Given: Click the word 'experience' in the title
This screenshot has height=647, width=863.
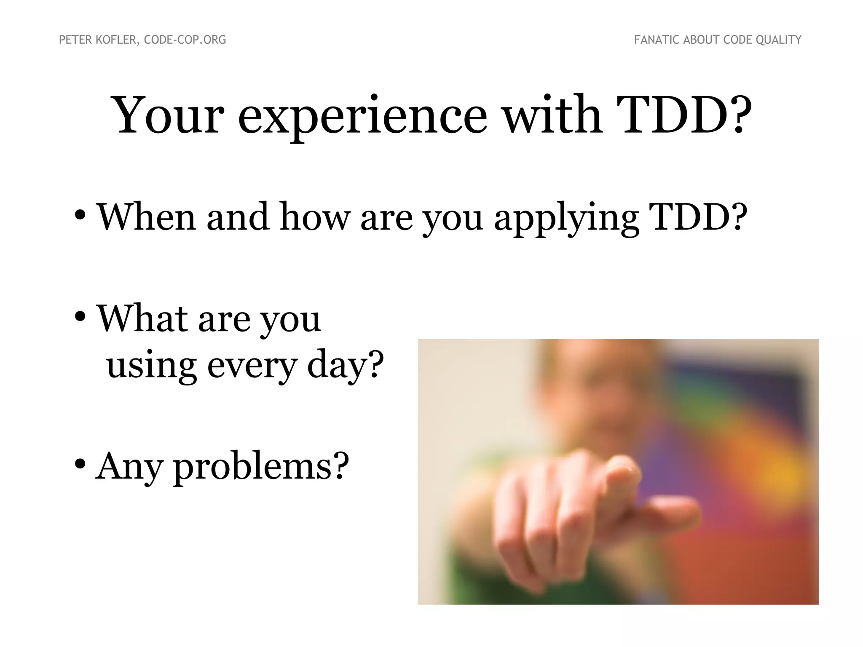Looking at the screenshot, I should coord(362,116).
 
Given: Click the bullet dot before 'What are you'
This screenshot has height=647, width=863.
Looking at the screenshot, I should coord(80,317).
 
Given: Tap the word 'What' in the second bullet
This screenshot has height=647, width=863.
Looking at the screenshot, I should coord(142,318).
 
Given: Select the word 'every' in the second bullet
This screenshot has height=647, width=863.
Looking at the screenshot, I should coord(252,366).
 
